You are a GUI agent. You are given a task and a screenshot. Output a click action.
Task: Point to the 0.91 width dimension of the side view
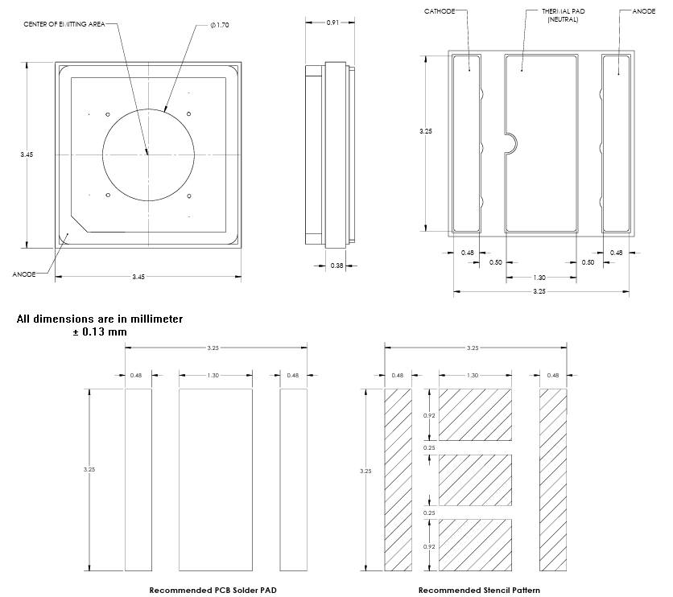332,23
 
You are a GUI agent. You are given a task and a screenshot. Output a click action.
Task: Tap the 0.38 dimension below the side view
336,266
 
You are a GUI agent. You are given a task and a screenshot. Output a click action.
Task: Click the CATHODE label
440,11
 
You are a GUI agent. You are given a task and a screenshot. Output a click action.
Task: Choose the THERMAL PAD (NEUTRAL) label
563,15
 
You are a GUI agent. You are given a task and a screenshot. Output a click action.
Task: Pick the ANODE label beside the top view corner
23,274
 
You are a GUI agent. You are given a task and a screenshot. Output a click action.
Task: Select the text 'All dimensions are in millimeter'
100,319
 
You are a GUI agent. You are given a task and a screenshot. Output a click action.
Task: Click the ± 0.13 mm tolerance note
100,331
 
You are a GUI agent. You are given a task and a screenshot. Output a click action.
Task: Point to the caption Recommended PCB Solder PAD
213,590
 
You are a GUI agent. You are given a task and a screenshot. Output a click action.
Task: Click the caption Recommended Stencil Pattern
480,590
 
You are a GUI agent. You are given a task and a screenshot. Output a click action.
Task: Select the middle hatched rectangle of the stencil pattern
475,480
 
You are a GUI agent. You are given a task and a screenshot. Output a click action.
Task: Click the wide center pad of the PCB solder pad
215,479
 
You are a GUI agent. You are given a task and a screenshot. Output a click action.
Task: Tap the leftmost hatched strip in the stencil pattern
398,479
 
